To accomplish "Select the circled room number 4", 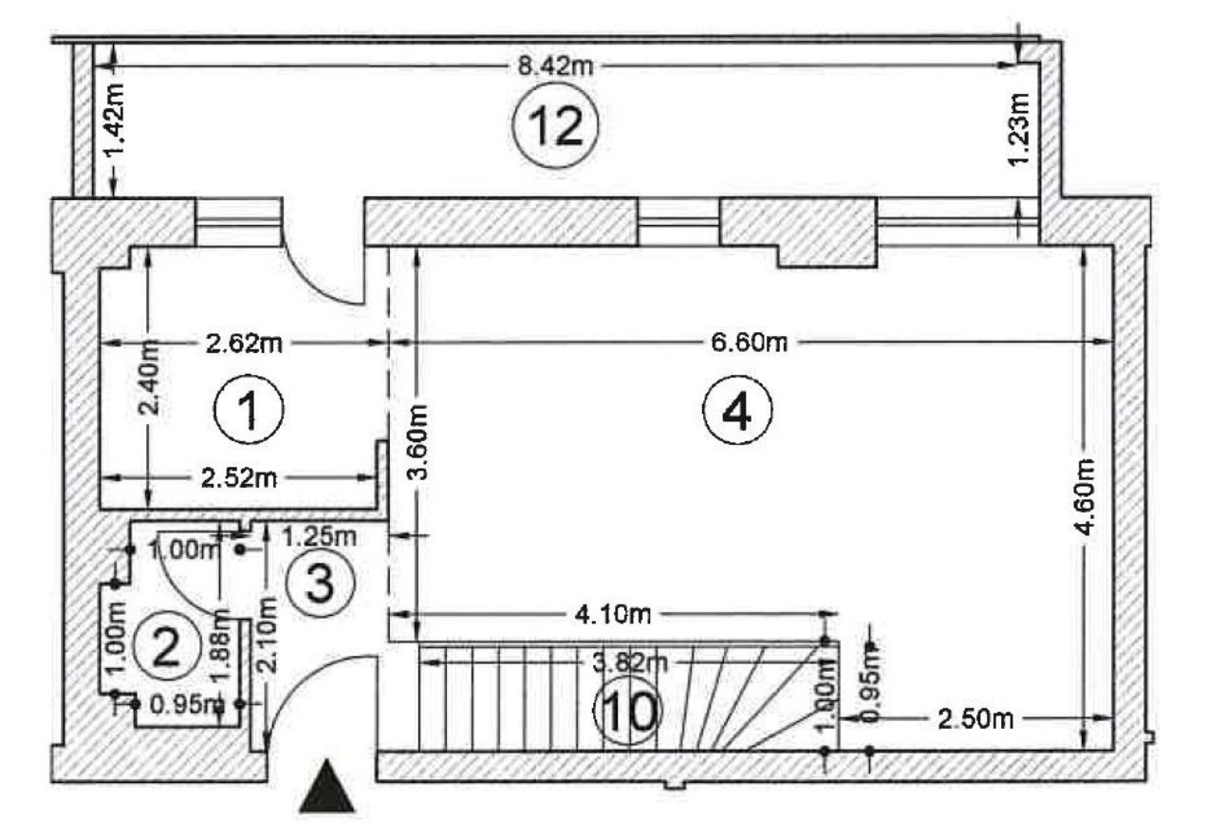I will pos(738,412).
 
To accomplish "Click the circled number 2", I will pos(166,646).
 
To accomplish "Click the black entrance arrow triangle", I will pos(327,787).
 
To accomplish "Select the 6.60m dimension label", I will pos(749,342).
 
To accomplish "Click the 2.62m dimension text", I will pos(244,342).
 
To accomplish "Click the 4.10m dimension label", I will pos(613,614).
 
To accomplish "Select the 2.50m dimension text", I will pos(974,717).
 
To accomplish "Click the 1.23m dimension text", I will pos(1018,128).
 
